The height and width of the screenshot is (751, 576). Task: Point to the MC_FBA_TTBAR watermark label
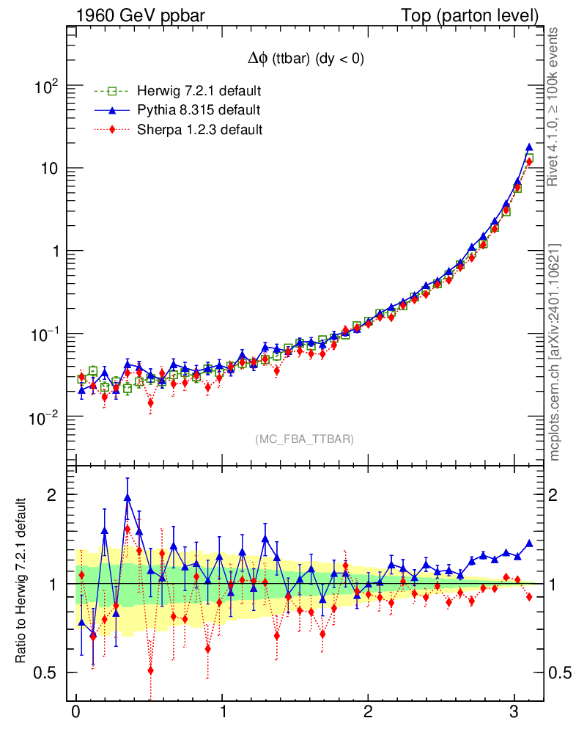tap(305, 439)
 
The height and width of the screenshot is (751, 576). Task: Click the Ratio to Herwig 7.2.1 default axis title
tap(23, 582)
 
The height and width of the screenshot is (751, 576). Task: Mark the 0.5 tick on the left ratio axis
tap(48, 673)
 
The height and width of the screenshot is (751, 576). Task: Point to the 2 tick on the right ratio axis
tap(558, 494)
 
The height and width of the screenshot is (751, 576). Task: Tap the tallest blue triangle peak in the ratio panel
tap(128, 497)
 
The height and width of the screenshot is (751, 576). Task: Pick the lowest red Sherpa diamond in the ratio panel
tap(150, 670)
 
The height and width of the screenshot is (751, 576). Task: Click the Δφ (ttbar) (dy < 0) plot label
tap(305, 59)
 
